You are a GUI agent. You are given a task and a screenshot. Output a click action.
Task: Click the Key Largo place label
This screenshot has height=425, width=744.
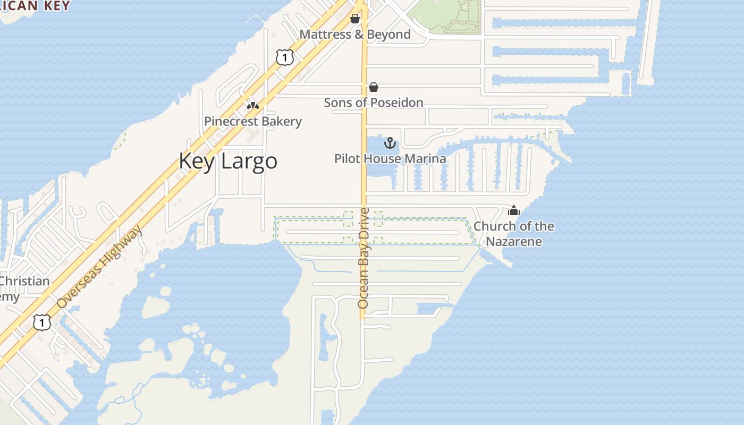[227, 161]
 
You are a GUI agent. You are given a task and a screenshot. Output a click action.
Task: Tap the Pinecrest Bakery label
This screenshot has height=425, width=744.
[253, 122]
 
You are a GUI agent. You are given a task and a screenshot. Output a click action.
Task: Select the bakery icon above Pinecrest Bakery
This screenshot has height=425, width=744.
[253, 105]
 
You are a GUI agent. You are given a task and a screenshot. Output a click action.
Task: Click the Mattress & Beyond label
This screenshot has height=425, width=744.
[355, 35]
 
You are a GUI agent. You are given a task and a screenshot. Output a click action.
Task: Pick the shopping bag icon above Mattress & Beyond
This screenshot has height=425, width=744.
[355, 19]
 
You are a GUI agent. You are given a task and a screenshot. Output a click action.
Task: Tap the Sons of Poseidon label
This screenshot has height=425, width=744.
[374, 103]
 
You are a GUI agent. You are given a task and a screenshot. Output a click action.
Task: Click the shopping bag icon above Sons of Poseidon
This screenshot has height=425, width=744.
[374, 87]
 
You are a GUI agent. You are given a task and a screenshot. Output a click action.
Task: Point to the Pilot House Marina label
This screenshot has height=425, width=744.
[390, 158]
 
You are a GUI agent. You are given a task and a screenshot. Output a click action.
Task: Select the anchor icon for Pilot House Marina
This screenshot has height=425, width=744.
[390, 143]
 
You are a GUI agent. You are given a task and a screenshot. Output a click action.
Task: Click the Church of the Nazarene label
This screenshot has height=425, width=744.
[514, 234]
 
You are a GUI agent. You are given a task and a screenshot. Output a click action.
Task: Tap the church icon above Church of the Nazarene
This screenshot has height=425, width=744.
[514, 210]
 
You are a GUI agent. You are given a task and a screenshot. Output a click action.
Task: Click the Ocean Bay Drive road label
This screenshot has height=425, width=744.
[363, 258]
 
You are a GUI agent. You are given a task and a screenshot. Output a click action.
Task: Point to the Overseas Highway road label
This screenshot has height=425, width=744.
[100, 266]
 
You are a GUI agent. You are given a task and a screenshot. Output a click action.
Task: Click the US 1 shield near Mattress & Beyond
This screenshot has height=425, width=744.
[285, 57]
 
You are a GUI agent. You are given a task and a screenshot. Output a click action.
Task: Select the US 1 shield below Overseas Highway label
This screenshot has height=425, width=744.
[42, 321]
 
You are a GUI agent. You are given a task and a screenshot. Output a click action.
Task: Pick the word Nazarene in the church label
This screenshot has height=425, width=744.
[514, 242]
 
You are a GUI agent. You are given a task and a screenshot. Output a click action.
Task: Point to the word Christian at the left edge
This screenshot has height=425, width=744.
[24, 281]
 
